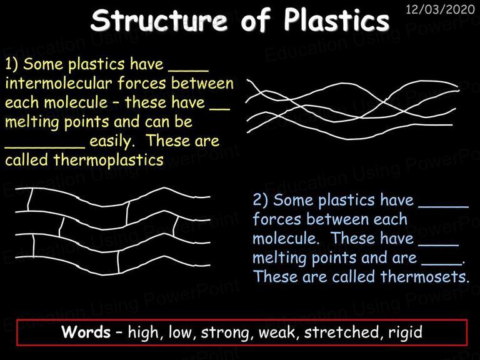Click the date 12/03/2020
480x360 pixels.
coord(440,9)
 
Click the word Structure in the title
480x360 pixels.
coord(159,20)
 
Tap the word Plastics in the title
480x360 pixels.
coord(336,19)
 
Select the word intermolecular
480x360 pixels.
coord(59,83)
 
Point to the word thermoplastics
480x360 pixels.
coord(108,160)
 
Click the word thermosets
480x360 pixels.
coord(424,276)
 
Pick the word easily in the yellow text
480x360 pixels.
coord(112,141)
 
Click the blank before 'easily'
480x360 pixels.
coord(45,147)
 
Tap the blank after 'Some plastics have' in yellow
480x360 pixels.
coord(189,71)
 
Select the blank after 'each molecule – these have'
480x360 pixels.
coord(219,109)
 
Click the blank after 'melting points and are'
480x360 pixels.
coord(441,264)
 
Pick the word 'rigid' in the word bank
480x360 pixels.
coord(406,332)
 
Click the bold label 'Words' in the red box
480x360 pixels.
coord(86,332)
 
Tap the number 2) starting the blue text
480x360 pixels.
coord(260,200)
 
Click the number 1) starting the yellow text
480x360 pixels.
coord(11,64)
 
